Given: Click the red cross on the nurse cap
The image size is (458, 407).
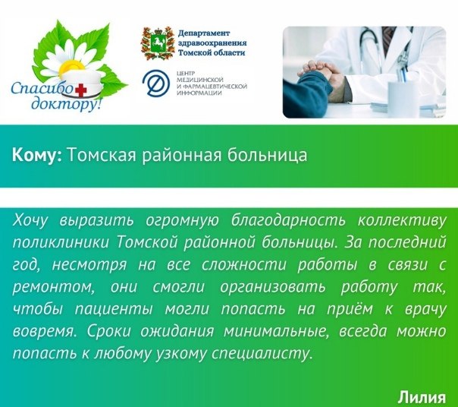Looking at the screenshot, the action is coord(81,90).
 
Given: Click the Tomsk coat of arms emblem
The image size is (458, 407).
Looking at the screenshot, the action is coord(158,43).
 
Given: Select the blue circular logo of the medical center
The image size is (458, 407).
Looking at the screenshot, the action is coord(156,83).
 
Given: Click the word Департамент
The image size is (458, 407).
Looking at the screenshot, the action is coord(204,33).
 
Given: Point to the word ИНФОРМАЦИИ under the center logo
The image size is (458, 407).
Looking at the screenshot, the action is coord(199,93).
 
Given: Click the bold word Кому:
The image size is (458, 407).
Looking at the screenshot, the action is coord(37,155).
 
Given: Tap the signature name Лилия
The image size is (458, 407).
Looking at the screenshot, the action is coord(422,397).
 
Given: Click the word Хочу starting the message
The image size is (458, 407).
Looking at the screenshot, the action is coord(30,221).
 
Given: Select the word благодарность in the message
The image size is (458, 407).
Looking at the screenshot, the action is coord(288,220).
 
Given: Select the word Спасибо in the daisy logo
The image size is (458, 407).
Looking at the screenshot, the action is coord(41,88).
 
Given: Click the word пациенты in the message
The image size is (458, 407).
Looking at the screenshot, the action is coord(114,310).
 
